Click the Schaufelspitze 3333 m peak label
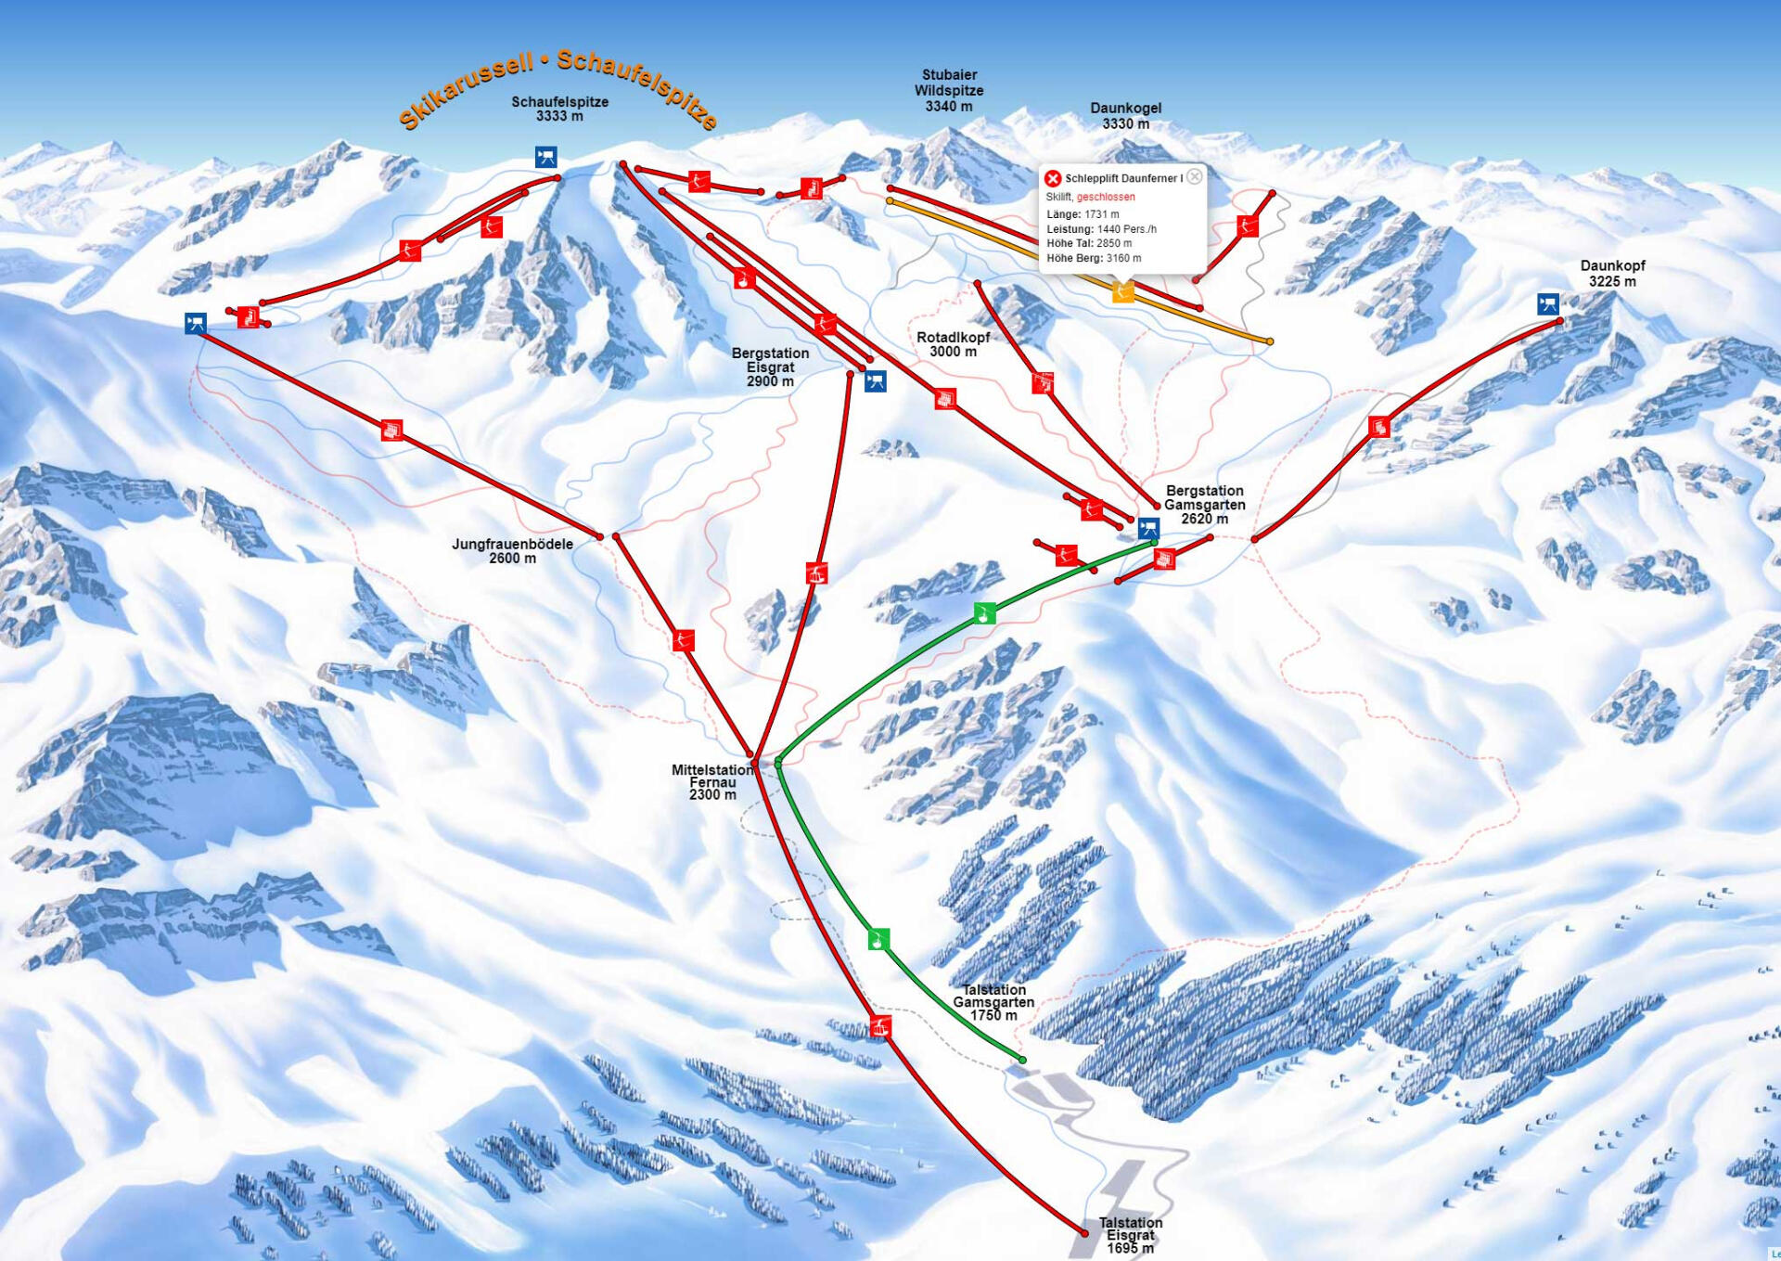click(559, 109)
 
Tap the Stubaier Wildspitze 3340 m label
click(948, 90)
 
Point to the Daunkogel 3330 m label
click(1125, 116)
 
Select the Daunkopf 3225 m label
click(1612, 274)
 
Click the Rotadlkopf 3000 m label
click(953, 344)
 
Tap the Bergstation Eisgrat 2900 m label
click(770, 367)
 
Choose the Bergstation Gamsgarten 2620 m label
click(1204, 504)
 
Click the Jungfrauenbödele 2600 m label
click(512, 550)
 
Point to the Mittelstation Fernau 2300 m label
click(711, 782)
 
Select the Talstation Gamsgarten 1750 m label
click(993, 1003)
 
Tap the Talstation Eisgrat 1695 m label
click(1130, 1235)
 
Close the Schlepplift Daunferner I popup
click(1195, 176)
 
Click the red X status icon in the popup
click(1052, 178)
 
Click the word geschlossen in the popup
click(1106, 197)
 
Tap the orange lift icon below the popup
click(1122, 293)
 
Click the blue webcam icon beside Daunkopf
click(1547, 303)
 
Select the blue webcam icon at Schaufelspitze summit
click(545, 157)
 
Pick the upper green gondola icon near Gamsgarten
click(985, 613)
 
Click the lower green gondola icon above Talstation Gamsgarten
click(878, 940)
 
